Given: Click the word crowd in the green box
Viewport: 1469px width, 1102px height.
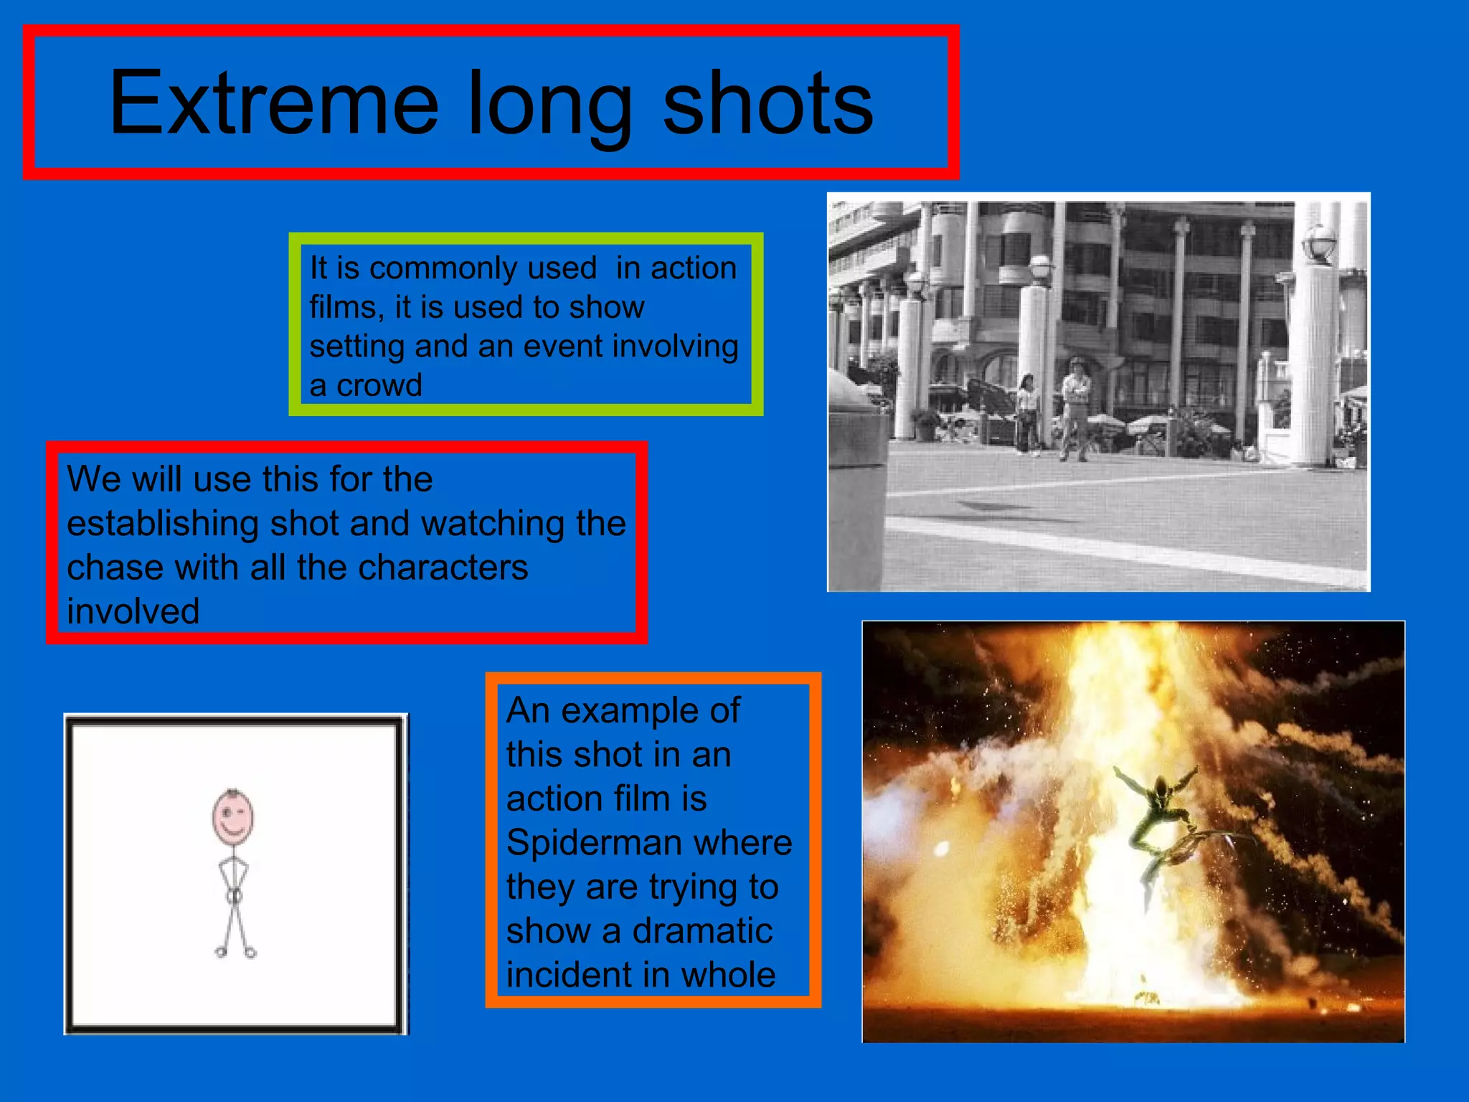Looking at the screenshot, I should (379, 386).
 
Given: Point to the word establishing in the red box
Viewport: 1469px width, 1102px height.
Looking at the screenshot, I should (162, 524).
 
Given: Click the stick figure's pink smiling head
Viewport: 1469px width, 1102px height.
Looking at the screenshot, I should (232, 817).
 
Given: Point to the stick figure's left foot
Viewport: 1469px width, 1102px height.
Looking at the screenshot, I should (221, 951).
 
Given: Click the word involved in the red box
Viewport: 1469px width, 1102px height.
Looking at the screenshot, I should (133, 612).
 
